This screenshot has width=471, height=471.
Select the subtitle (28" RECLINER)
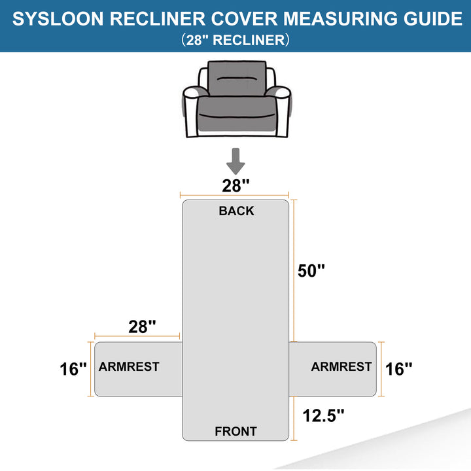[x=235, y=40]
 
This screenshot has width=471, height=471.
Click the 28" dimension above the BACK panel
[x=235, y=185]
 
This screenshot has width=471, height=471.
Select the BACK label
[x=236, y=211]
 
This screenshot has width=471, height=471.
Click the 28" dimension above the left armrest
[x=143, y=326]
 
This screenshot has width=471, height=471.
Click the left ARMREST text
[x=129, y=367]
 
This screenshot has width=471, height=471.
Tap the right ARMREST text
[x=341, y=367]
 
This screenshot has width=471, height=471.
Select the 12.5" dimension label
[x=323, y=414]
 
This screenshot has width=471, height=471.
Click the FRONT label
[x=235, y=431]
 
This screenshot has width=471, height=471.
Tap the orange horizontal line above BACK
[x=235, y=195]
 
